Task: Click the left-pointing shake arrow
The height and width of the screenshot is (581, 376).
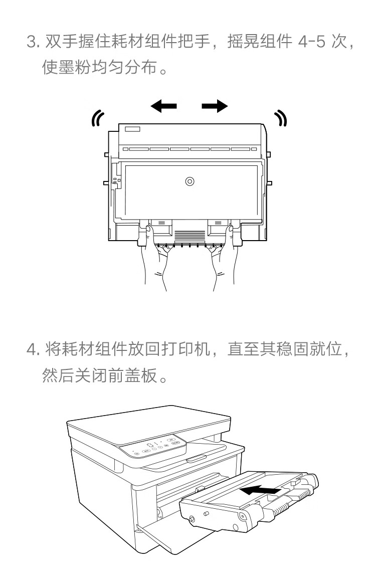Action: coord(163,106)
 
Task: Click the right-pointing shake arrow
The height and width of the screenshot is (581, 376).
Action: coord(215,106)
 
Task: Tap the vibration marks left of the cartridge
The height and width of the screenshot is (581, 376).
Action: coord(97,117)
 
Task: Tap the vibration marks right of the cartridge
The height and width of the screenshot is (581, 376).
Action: coord(281,117)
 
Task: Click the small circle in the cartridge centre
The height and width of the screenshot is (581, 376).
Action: coord(190,181)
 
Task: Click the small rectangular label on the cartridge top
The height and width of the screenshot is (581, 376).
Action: coord(132,129)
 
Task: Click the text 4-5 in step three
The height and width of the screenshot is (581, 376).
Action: coord(313,42)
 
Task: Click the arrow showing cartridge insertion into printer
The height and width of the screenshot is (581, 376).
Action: coord(259,489)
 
